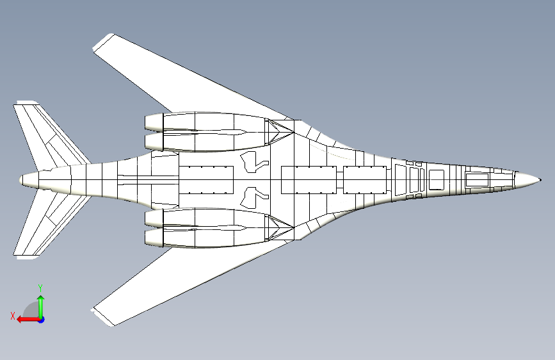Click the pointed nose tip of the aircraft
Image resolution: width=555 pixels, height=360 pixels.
click(540, 180)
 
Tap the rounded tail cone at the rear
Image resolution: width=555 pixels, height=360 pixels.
click(28, 180)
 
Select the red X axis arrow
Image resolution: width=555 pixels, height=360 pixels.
click(28, 320)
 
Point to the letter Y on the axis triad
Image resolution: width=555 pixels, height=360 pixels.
click(40, 288)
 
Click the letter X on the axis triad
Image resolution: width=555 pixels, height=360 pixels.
click(13, 316)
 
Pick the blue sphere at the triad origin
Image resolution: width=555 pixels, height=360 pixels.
click(42, 320)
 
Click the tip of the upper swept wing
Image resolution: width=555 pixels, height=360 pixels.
click(103, 42)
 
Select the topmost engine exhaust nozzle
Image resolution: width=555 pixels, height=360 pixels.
click(154, 122)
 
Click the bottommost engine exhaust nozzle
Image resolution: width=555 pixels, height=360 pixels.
click(154, 238)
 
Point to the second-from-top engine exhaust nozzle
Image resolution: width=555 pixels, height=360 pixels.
click(154, 142)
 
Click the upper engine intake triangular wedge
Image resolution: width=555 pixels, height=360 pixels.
click(280, 132)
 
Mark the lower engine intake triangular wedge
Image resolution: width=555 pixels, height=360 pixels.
click(280, 228)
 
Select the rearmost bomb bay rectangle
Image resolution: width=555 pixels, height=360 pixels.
click(206, 180)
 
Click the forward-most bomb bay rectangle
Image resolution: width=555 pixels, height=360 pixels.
click(365, 180)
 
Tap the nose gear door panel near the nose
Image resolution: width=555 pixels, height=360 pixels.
click(477, 180)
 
